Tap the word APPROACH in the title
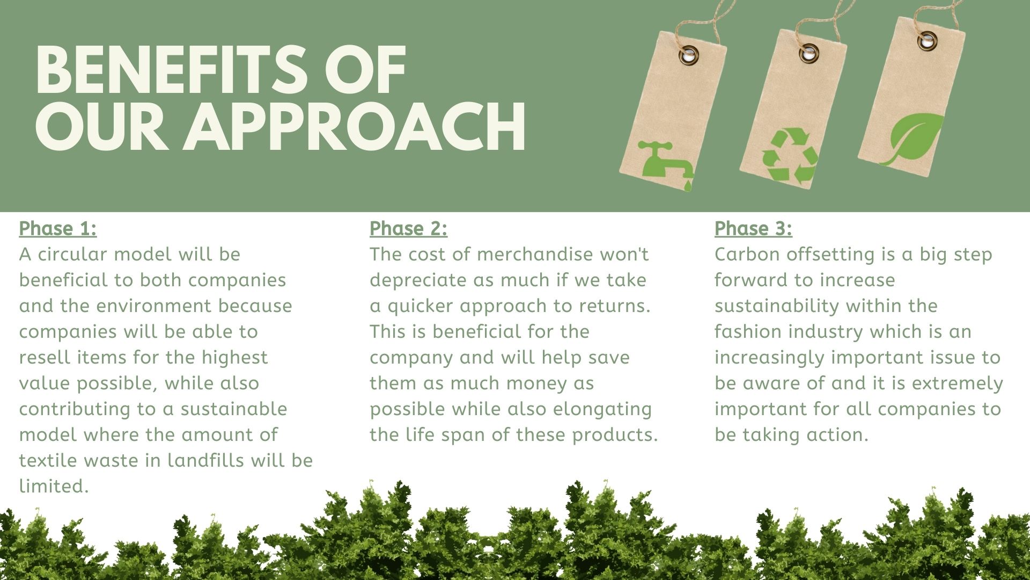355,127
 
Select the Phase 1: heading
58,229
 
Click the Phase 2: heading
408,229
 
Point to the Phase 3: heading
753,229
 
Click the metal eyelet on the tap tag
689,55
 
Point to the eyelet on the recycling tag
808,53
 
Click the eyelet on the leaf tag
926,40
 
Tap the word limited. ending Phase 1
54,486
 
